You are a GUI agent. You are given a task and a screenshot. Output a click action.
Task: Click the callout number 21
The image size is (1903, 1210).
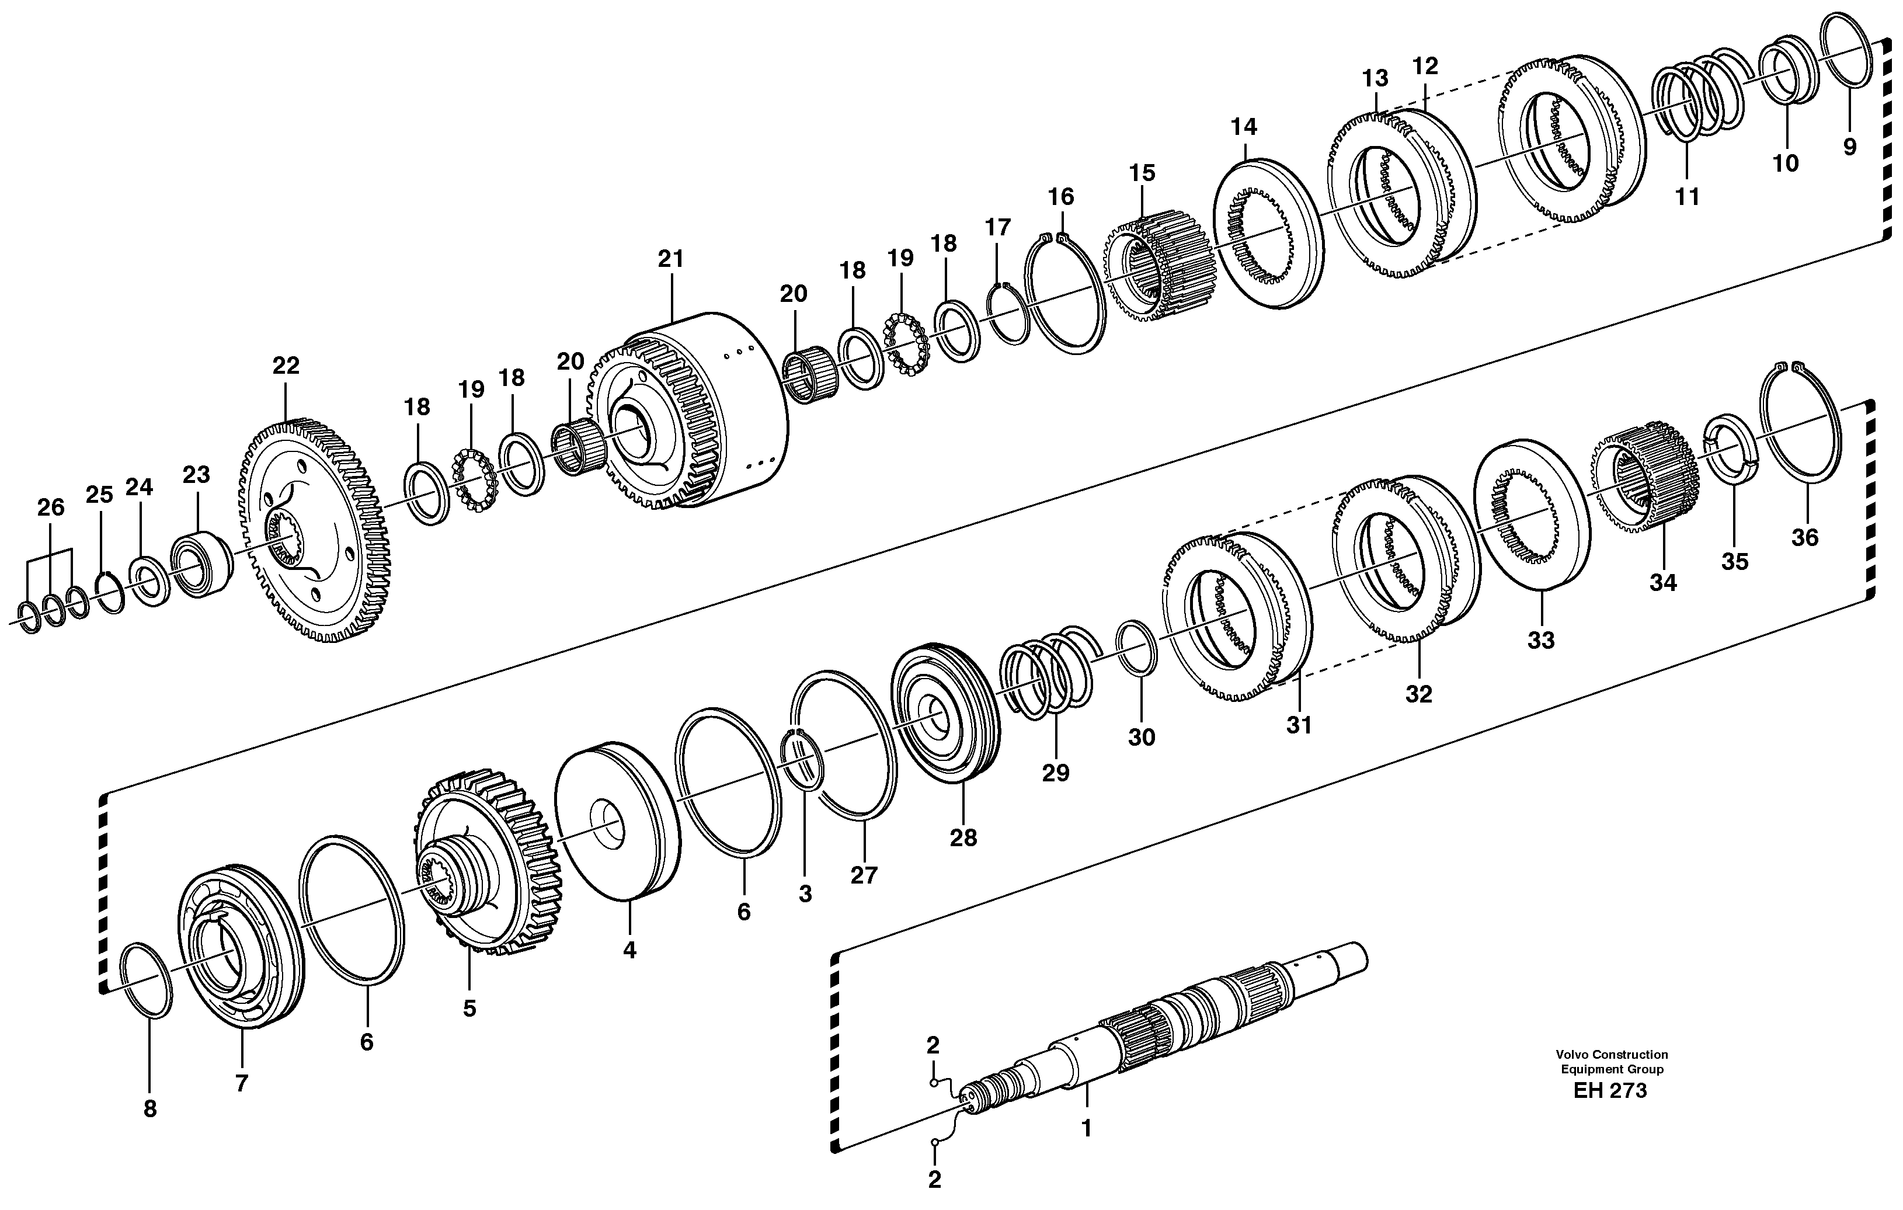(670, 259)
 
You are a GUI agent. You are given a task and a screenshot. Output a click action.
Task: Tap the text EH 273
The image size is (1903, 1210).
(1610, 1091)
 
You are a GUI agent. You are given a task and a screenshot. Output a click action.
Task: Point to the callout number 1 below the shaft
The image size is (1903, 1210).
(1086, 1129)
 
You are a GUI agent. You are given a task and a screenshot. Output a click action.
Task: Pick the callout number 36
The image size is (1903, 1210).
(1804, 537)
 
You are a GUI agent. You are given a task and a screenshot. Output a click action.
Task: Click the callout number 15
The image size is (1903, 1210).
(1142, 172)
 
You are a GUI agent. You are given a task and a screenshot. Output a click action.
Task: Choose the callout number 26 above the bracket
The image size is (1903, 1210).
(51, 507)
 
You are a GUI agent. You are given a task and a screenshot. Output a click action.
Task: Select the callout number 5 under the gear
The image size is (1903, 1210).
(469, 1009)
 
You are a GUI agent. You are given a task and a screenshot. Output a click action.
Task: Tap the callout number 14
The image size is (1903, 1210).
(1244, 127)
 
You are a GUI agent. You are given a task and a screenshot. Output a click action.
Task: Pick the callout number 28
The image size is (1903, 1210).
(963, 838)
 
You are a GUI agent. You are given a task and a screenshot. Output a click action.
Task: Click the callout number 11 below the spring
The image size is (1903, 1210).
(1688, 196)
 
